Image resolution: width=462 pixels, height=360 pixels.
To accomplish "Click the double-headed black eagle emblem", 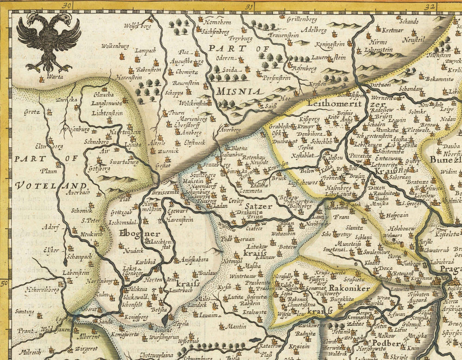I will pos(48,41).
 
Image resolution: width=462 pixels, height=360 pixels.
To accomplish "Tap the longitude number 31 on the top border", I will pos(249,6).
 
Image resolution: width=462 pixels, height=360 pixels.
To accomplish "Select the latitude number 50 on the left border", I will pos(5,283).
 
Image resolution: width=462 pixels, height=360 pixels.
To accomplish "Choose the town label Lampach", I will pos(145,51).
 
